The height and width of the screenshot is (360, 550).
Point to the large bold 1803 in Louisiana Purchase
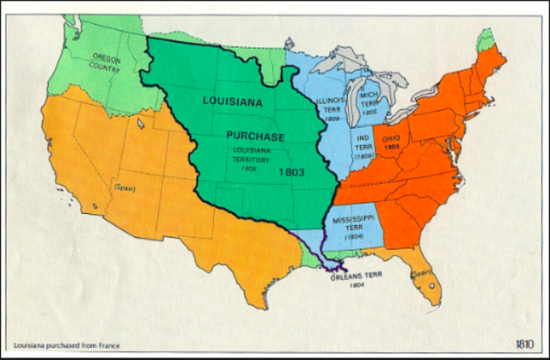point(293,172)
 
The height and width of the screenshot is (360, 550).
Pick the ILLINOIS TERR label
point(330,106)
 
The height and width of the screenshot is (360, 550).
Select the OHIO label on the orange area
point(390,137)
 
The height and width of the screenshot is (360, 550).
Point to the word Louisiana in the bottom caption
point(29,345)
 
